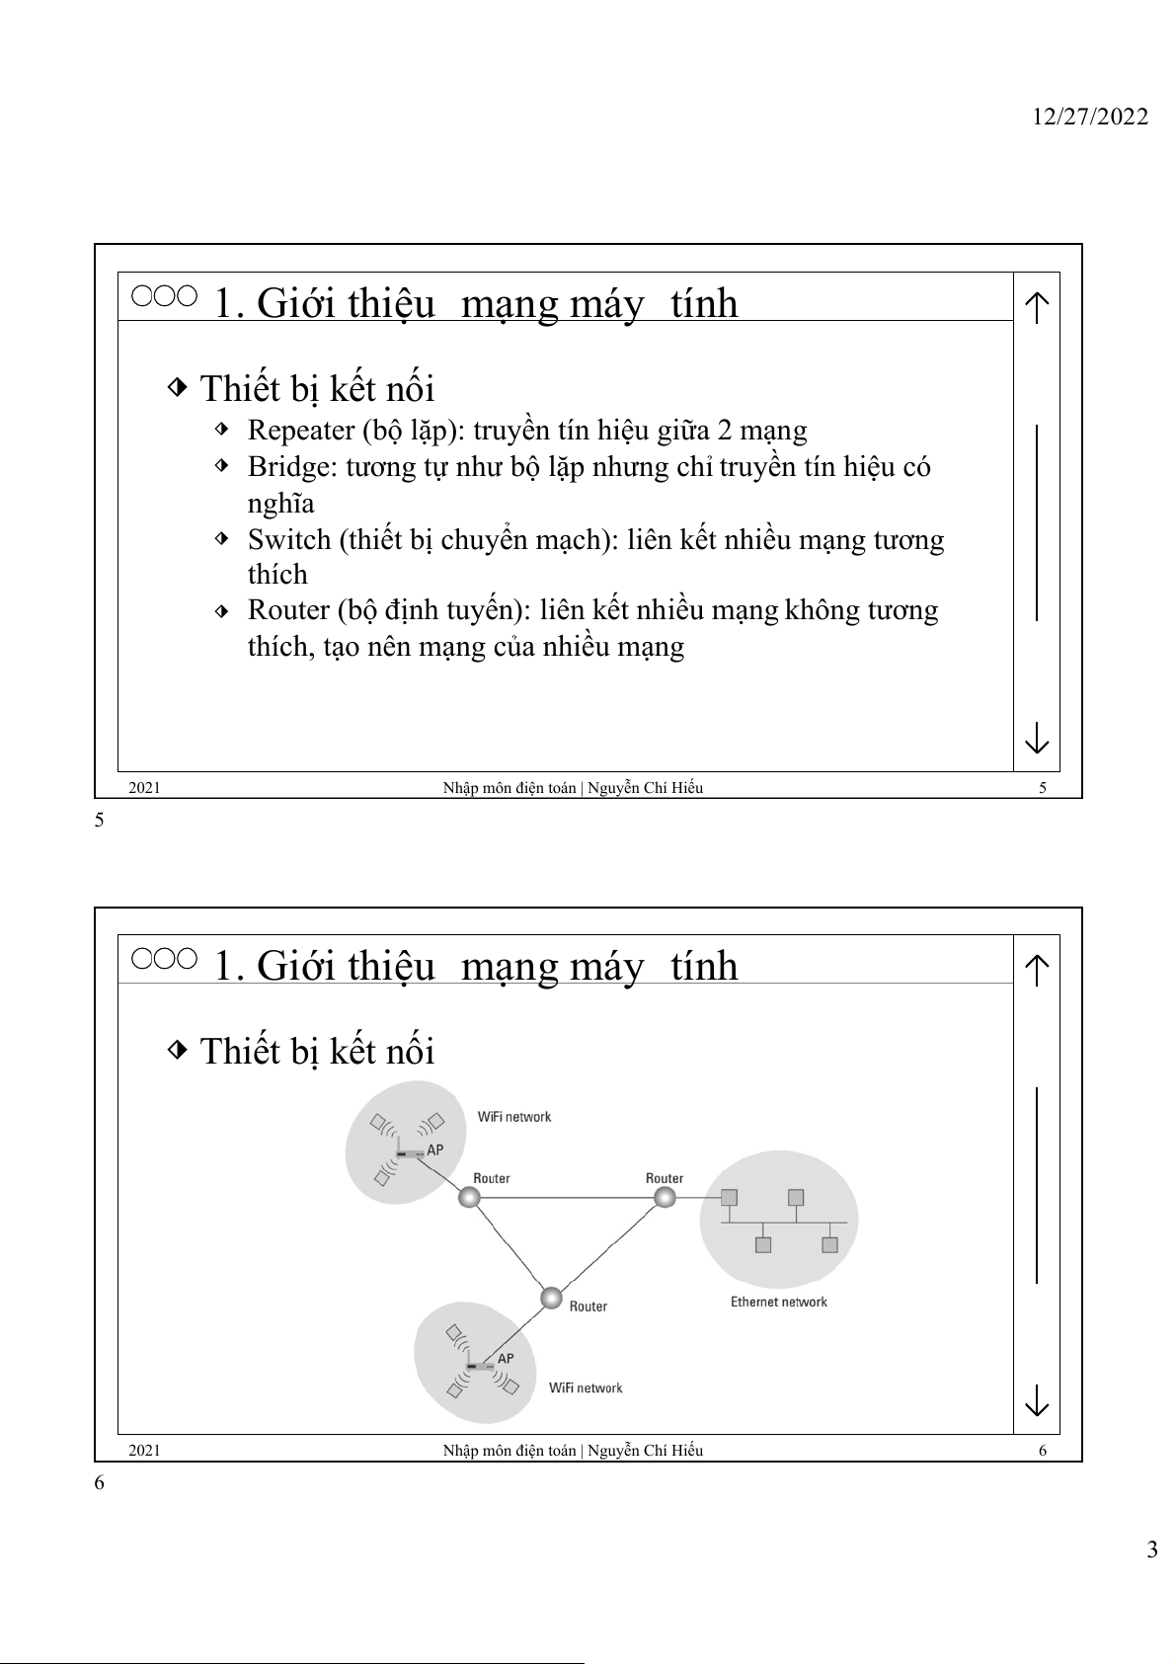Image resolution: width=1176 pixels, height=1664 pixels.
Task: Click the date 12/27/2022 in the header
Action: (1090, 117)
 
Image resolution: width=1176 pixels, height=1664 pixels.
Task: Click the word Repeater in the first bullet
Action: (300, 431)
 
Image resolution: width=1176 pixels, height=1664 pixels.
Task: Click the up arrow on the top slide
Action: (1036, 307)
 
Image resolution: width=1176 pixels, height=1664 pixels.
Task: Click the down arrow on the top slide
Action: (1036, 738)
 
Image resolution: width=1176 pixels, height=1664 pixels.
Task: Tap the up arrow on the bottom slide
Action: (1036, 970)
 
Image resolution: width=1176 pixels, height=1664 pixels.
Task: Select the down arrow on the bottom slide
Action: (1036, 1400)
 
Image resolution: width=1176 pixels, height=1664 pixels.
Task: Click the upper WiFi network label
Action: (513, 1117)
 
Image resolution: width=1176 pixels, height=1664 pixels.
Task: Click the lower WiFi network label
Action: (586, 1387)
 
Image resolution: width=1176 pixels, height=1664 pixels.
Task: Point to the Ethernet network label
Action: (778, 1302)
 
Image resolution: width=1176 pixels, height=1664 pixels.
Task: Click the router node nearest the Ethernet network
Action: (665, 1198)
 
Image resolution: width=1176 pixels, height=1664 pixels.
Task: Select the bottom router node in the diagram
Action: (551, 1297)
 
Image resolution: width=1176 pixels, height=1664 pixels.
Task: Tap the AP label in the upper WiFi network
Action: (434, 1149)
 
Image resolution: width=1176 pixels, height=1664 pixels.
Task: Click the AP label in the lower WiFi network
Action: (506, 1358)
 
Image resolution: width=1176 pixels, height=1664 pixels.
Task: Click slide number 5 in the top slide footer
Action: (1043, 788)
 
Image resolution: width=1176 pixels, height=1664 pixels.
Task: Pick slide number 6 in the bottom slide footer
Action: (1043, 1451)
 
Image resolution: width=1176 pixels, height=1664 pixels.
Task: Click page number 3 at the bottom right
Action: (1151, 1549)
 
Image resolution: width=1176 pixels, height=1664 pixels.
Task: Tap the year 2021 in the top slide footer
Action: (144, 788)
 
